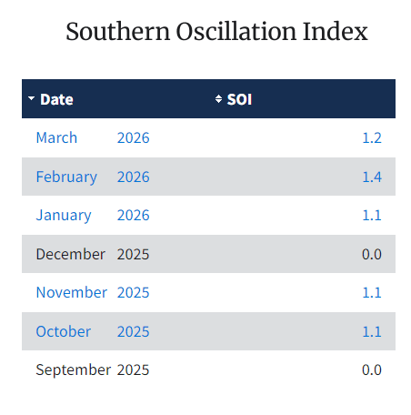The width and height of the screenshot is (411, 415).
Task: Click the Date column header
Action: coord(56,99)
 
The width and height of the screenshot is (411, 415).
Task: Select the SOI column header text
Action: coord(239,99)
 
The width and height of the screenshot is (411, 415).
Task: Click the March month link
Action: coord(56,138)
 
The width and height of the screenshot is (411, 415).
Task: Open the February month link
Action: coord(66,177)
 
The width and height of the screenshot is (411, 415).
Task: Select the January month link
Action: coord(64,216)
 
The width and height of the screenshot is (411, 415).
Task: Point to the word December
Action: coord(70,254)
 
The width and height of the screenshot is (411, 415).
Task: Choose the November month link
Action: coord(71,293)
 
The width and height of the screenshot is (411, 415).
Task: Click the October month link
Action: coord(63,331)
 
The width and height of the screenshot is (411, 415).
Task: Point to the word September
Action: coord(73,370)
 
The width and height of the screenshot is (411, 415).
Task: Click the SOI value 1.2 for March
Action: coord(371,138)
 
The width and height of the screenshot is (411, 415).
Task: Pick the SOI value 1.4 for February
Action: coord(371,177)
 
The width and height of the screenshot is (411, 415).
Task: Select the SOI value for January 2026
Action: coord(371,216)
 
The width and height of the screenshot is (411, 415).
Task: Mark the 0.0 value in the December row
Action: coord(371,254)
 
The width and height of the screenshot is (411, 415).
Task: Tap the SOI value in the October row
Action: coord(371,331)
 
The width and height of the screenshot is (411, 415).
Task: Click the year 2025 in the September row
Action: coord(133,370)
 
